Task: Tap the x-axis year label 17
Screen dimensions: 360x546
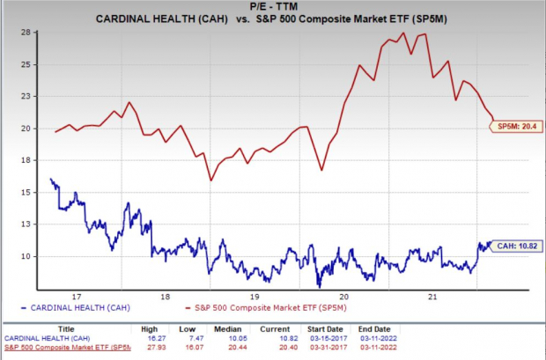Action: (x=77, y=297)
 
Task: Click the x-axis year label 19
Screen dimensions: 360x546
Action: (x=255, y=297)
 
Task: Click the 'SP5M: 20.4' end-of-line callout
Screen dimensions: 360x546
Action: (x=514, y=127)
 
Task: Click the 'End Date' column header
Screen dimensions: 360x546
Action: (x=363, y=327)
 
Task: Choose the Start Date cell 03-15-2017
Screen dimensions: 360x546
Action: (x=319, y=337)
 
